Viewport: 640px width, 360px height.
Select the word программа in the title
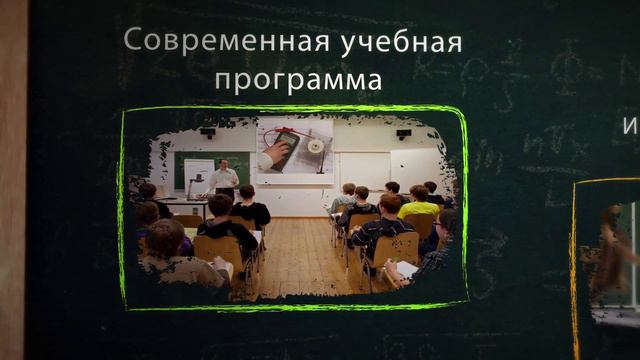click(x=298, y=79)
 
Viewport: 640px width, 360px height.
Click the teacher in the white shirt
click(x=223, y=179)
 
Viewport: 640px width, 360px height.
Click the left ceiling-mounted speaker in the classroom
click(x=208, y=133)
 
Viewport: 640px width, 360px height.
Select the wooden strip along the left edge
click(x=12, y=180)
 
